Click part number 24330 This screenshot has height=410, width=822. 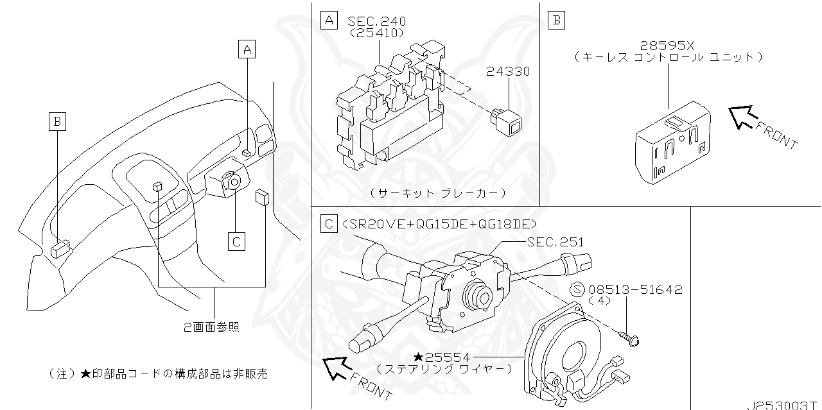click(x=508, y=72)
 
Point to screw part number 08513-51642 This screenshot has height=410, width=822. click(x=636, y=290)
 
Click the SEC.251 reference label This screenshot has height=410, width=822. click(x=555, y=242)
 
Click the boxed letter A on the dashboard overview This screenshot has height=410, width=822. click(x=247, y=49)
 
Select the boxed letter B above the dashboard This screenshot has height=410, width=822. click(x=58, y=120)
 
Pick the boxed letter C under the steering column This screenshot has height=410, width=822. click(x=236, y=241)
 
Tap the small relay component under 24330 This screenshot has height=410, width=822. click(x=507, y=120)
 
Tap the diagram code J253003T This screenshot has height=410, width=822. click(x=783, y=406)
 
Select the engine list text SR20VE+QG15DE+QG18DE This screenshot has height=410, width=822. click(x=440, y=223)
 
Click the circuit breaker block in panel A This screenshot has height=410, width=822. click(x=392, y=109)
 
